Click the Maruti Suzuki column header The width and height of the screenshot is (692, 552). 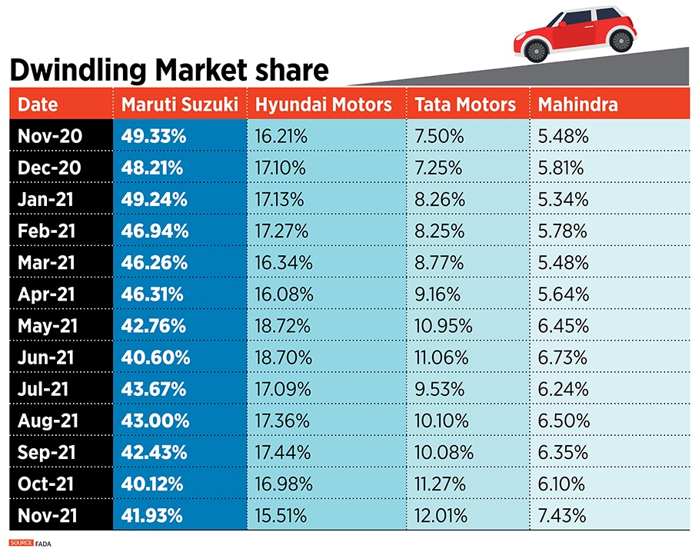pos(179,105)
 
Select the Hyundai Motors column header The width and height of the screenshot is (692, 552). pos(324,105)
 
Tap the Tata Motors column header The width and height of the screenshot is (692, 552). pos(465,105)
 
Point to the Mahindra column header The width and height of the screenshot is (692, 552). pos(577,105)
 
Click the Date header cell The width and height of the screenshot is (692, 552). pos(38,105)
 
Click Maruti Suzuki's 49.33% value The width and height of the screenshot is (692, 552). pos(154,137)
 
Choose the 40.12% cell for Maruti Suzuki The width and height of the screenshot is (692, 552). pos(152,484)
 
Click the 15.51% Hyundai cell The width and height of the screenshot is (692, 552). pos(283,515)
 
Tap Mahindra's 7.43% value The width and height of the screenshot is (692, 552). pos(563,515)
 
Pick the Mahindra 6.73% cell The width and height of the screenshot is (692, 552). pos(563,357)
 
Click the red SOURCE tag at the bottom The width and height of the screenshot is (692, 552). pos(22,544)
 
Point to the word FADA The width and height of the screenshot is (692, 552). pos(45,544)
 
